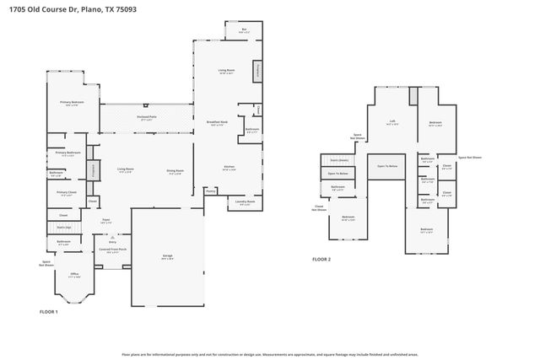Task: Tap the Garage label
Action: tap(168, 255)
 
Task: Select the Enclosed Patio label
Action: tap(146, 118)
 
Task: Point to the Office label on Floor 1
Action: tap(74, 275)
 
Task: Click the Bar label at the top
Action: tap(245, 30)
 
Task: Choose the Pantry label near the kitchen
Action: tap(210, 191)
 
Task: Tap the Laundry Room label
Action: tap(245, 202)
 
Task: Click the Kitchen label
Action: tap(228, 167)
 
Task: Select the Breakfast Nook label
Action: tap(219, 123)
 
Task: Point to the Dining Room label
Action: tap(175, 172)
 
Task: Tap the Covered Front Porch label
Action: tap(113, 250)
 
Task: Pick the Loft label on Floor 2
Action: tap(392, 121)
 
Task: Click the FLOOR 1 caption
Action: tap(49, 312)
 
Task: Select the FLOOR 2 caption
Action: tap(321, 259)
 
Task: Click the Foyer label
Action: tap(106, 220)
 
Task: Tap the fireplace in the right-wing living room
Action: tap(255, 71)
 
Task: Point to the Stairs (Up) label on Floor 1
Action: tap(63, 227)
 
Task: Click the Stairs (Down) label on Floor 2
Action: tap(339, 160)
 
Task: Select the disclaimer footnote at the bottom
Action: tap(269, 355)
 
